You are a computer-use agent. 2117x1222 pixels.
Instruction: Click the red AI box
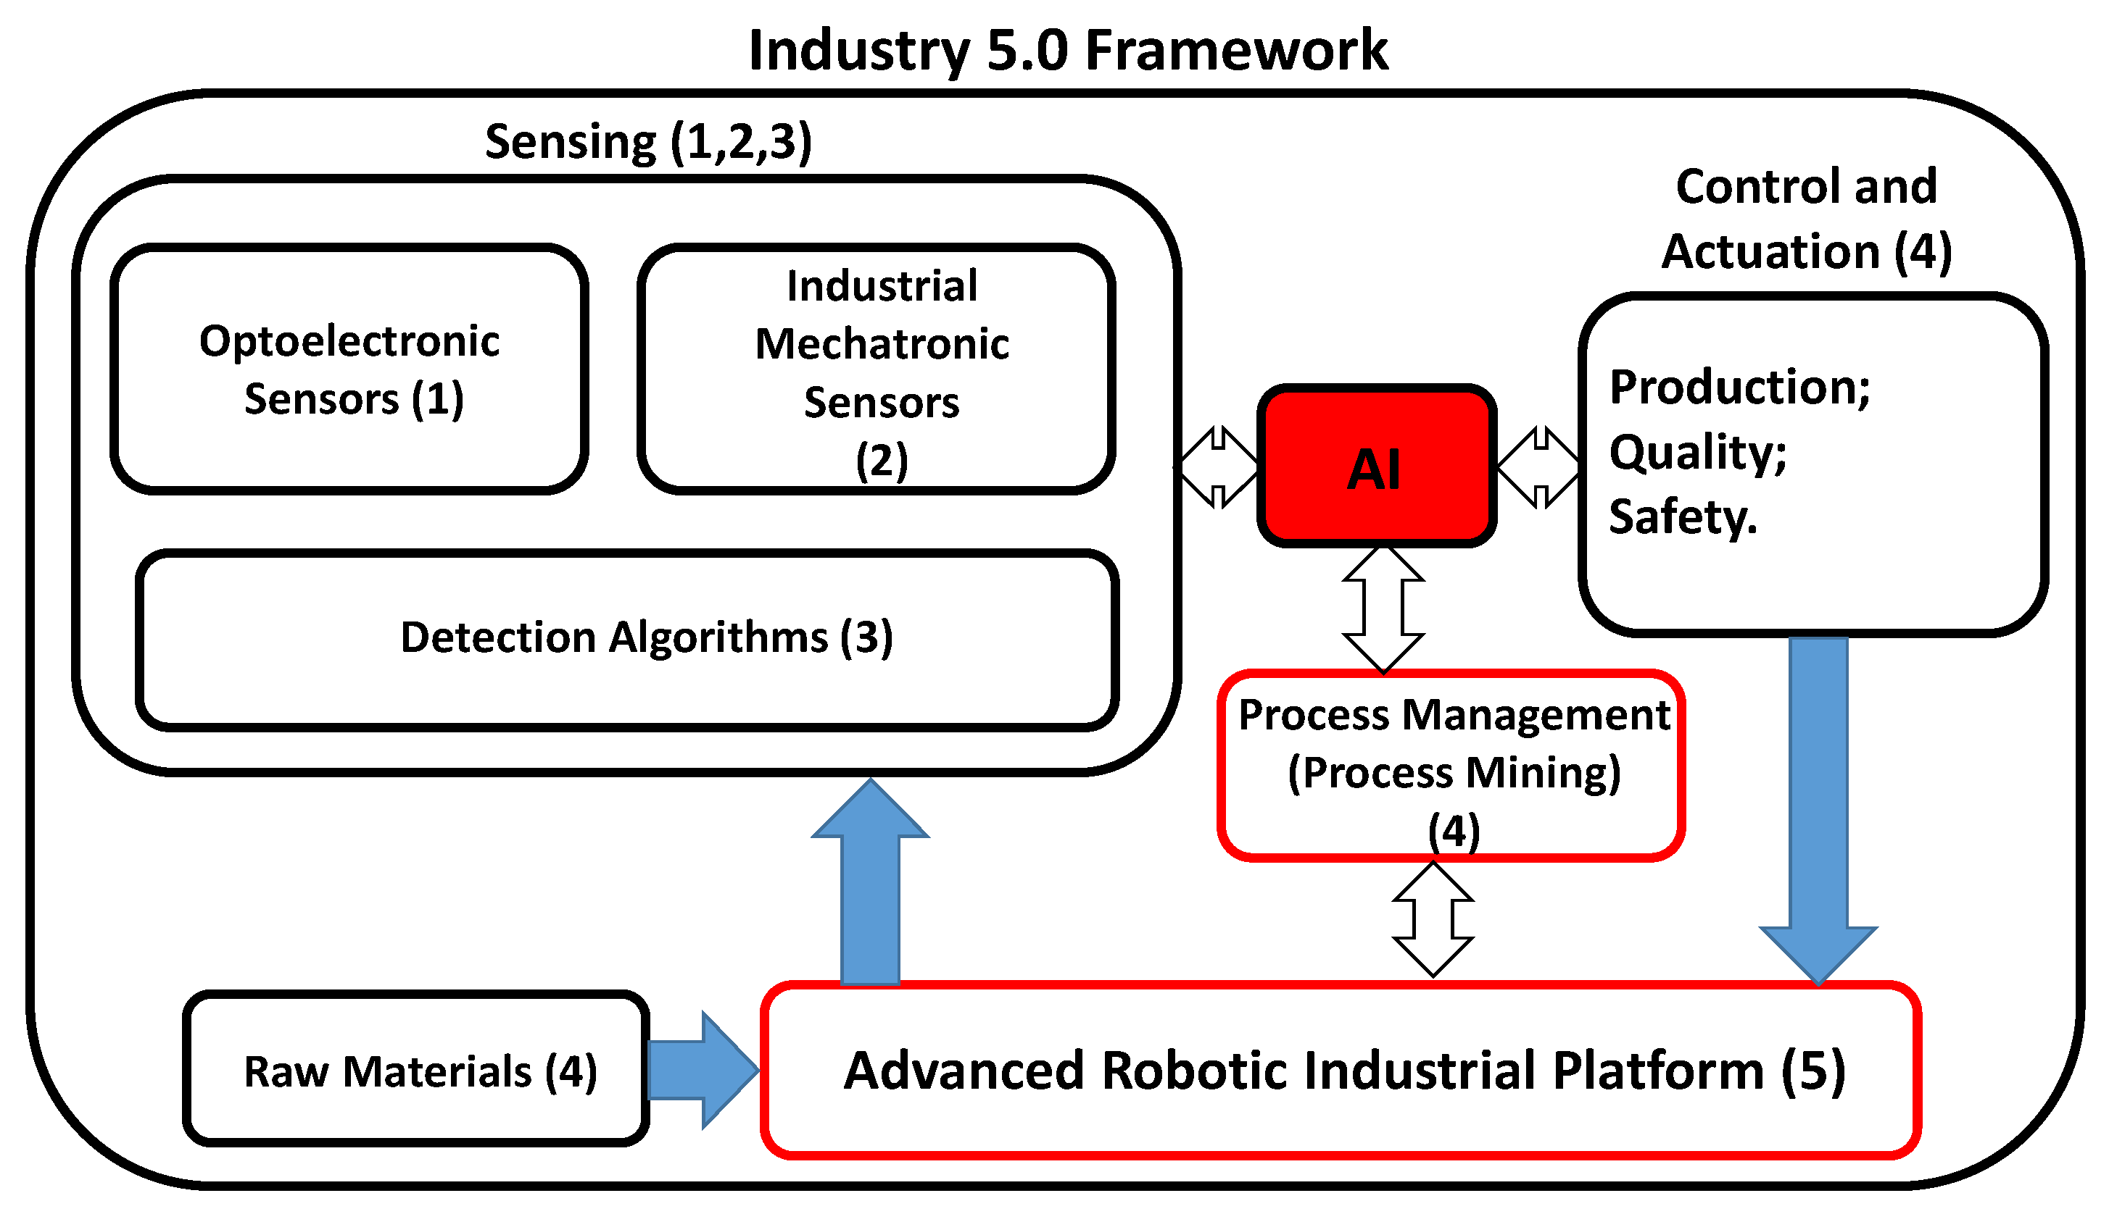point(1375,466)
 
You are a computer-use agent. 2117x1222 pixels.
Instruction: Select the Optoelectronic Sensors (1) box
point(349,369)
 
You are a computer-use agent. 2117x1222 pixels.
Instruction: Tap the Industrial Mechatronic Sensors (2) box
point(876,369)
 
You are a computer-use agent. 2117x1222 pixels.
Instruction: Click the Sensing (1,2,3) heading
point(648,141)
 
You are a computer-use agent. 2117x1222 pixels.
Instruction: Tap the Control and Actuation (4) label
point(1805,218)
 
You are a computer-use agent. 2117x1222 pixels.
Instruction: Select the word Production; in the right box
point(1739,388)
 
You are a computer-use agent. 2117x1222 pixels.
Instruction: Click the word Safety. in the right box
point(1682,516)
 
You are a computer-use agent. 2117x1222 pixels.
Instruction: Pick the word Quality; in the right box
point(1697,453)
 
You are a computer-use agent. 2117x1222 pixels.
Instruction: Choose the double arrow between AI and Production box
point(1538,466)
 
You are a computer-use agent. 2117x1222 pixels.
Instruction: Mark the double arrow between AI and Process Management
point(1383,609)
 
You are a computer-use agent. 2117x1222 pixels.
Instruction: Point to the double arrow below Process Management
point(1433,919)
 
